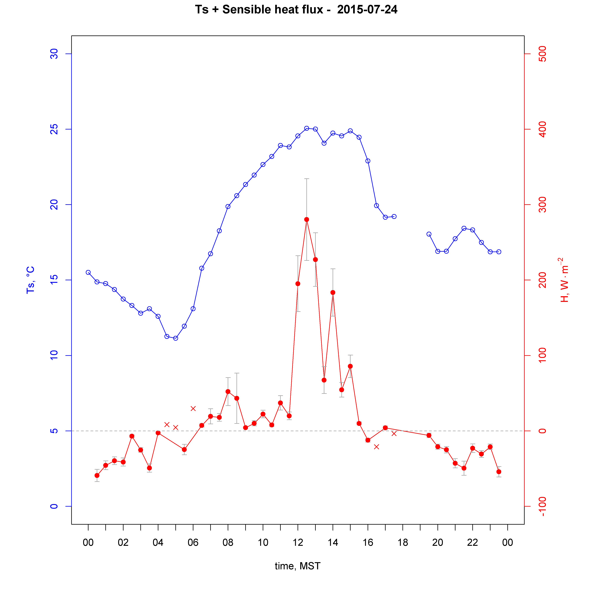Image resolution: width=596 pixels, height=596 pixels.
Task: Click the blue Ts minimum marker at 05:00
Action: (x=176, y=338)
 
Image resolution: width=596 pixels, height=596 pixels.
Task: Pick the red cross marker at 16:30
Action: (x=376, y=447)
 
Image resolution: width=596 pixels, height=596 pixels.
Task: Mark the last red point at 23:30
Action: (x=499, y=472)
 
